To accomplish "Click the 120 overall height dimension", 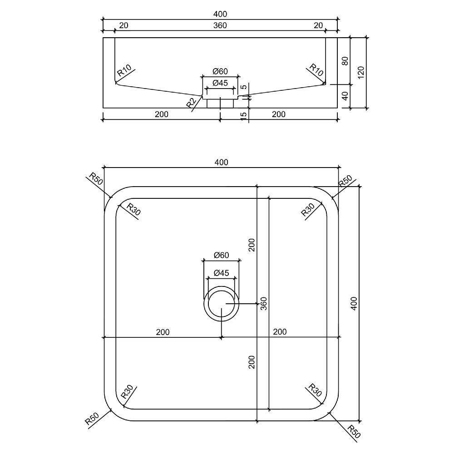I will pyautogui.click(x=361, y=72).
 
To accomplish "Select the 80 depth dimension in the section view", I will pyautogui.click(x=345, y=61).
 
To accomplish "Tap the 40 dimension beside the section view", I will pyautogui.click(x=345, y=96).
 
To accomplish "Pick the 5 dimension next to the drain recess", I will pyautogui.click(x=244, y=87).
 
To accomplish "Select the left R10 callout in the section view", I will pyautogui.click(x=124, y=71).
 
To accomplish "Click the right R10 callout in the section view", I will pyautogui.click(x=316, y=70).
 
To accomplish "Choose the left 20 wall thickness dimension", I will pyautogui.click(x=123, y=25).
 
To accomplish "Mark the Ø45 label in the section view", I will pyautogui.click(x=220, y=83).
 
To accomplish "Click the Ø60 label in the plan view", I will pyautogui.click(x=221, y=255).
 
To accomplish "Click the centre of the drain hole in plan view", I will pyautogui.click(x=221, y=304).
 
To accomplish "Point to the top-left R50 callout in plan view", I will pyautogui.click(x=96, y=178).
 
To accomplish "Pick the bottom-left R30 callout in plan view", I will pyautogui.click(x=127, y=391).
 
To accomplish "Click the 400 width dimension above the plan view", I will pyautogui.click(x=221, y=162).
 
